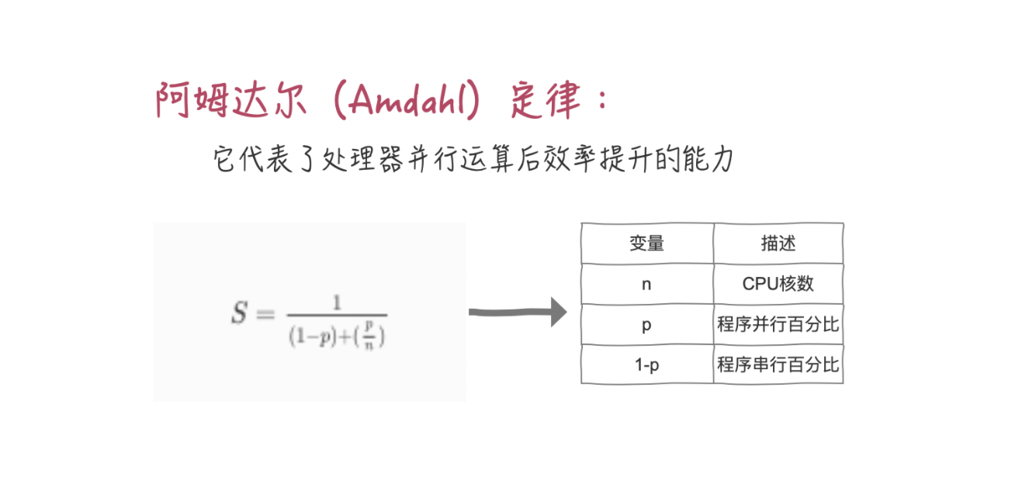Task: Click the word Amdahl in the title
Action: [x=404, y=101]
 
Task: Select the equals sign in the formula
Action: [x=266, y=315]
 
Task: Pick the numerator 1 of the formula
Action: [x=337, y=302]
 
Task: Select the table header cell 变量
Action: [x=646, y=244]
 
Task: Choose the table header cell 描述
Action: [x=778, y=244]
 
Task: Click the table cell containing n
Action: [x=646, y=284]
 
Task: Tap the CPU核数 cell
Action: [x=778, y=284]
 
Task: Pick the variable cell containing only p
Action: [x=646, y=324]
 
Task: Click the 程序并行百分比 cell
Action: [x=778, y=324]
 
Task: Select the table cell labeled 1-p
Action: [x=646, y=365]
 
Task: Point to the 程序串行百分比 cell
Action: [x=778, y=365]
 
